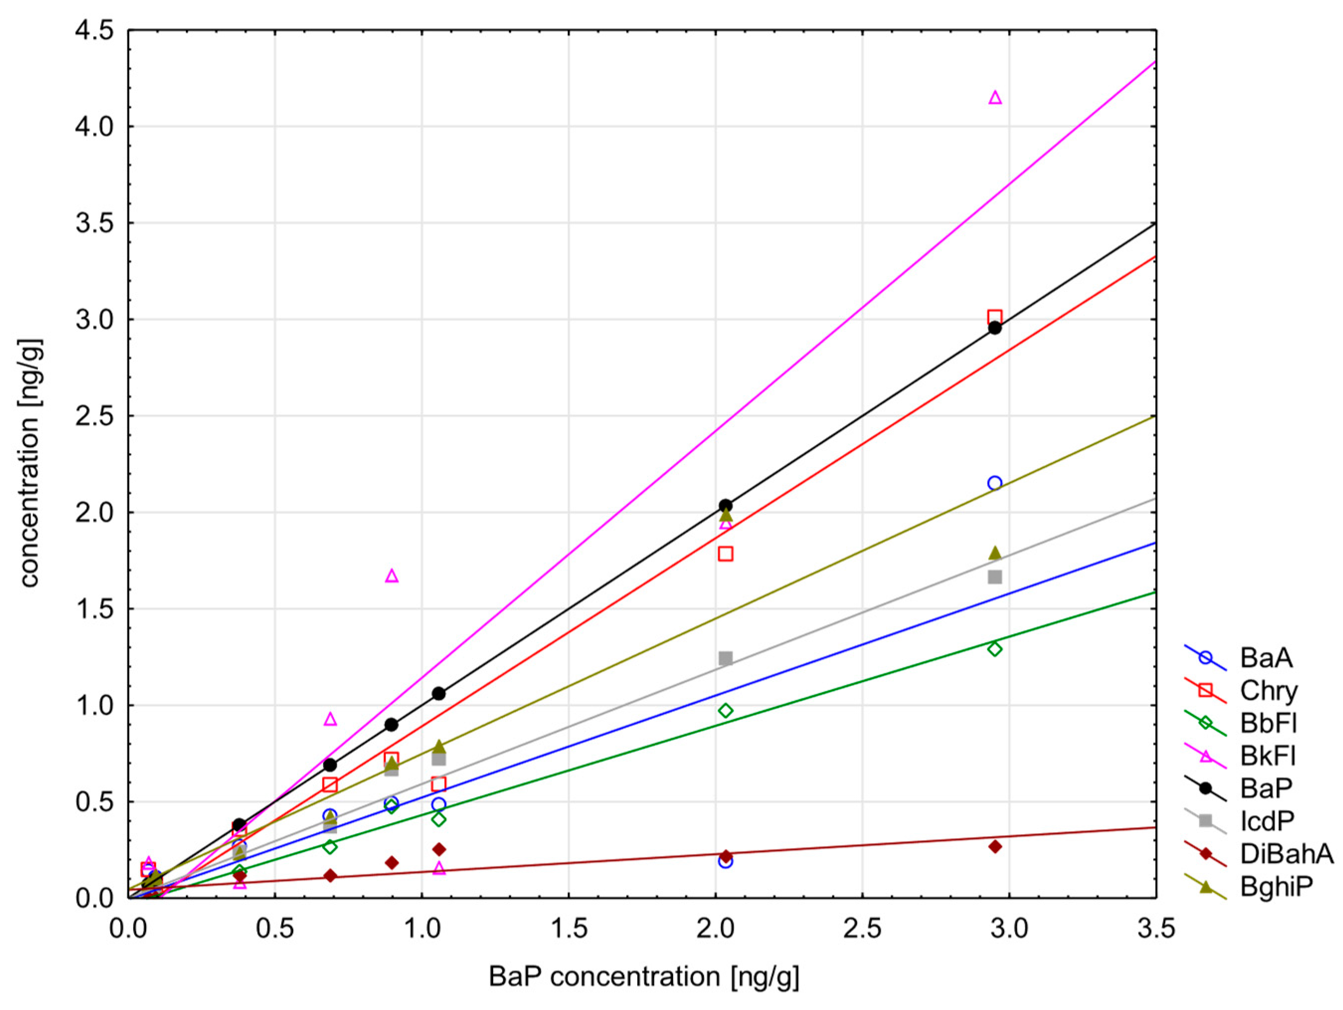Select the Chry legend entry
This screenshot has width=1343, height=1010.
(1268, 691)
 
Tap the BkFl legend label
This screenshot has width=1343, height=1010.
(1267, 756)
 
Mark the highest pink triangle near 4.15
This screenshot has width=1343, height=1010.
(995, 98)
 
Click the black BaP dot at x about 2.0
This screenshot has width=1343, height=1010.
(725, 506)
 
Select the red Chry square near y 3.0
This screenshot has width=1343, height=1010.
(995, 317)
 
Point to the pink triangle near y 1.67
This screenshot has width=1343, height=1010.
(392, 576)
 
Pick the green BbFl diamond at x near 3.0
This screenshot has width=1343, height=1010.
(995, 649)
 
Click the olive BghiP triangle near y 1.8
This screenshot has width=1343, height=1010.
(995, 553)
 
